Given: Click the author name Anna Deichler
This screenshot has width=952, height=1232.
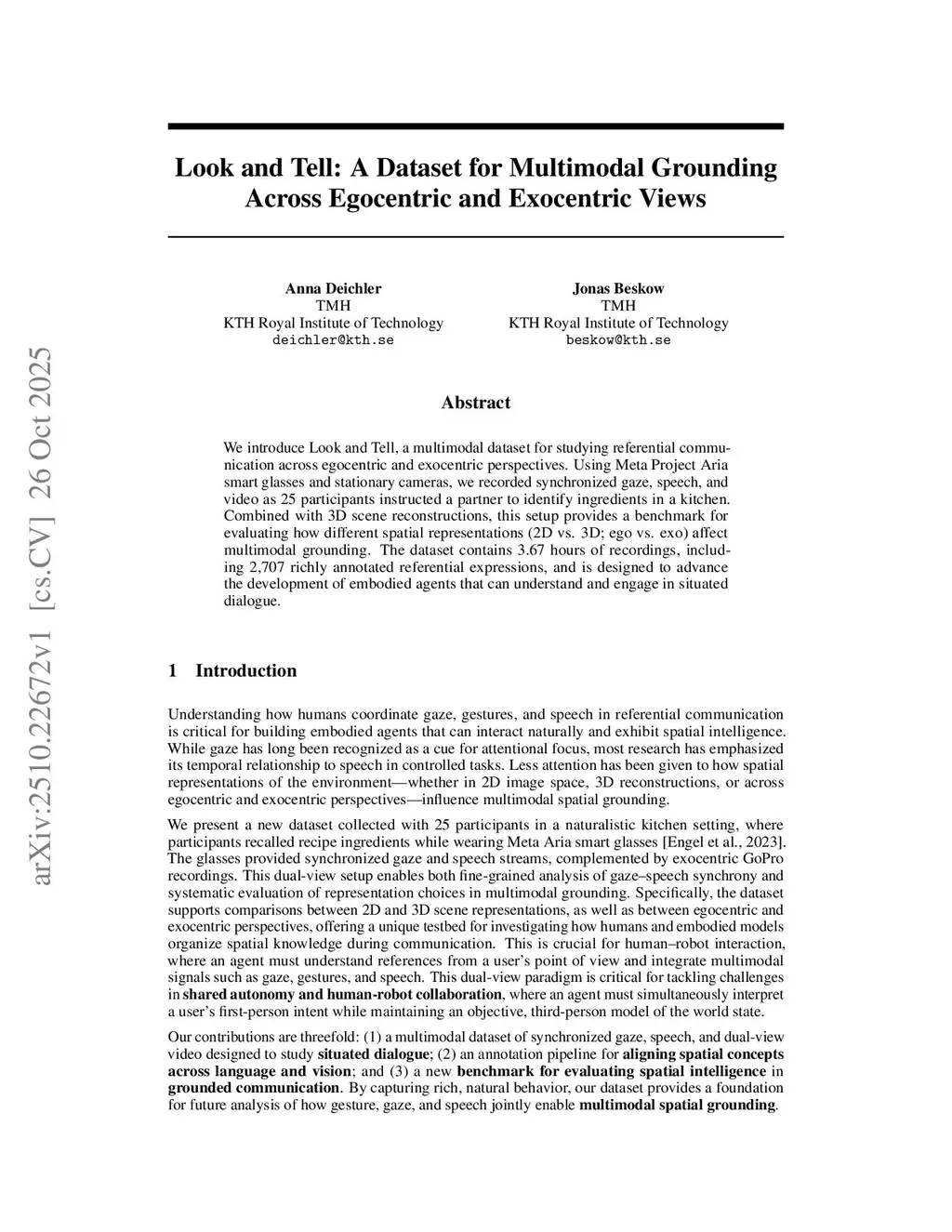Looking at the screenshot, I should point(333,288).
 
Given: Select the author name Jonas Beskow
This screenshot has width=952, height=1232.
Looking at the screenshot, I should point(618,288).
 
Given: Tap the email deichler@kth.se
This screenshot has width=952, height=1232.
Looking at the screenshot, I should point(333,340).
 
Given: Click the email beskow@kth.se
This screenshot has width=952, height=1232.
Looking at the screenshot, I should point(618,340).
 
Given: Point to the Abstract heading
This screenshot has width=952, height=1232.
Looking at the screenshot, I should point(475,403).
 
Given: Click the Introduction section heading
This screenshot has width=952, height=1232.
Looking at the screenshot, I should point(245,671).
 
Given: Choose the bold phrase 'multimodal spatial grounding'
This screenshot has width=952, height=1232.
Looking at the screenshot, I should point(677,1106).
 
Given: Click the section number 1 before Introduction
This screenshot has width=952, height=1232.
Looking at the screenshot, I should point(172,671).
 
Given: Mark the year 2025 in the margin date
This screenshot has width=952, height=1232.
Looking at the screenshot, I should point(42,373).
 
